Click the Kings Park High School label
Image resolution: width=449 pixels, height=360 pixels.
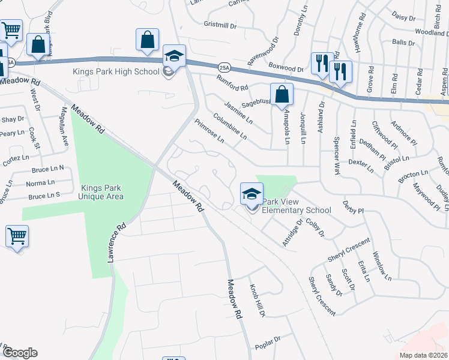pyautogui.click(x=116, y=71)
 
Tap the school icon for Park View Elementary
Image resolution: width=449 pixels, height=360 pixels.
pyautogui.click(x=252, y=194)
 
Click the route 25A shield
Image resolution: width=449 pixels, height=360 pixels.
pyautogui.click(x=224, y=67)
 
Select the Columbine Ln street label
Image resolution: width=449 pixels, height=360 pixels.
pyautogui.click(x=229, y=127)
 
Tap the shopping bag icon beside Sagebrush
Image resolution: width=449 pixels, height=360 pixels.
pyautogui.click(x=282, y=95)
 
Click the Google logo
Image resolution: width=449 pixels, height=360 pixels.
pyautogui.click(x=20, y=353)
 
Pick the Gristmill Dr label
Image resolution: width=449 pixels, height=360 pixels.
pyautogui.click(x=220, y=26)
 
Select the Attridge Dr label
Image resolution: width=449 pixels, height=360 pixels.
pyautogui.click(x=293, y=232)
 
